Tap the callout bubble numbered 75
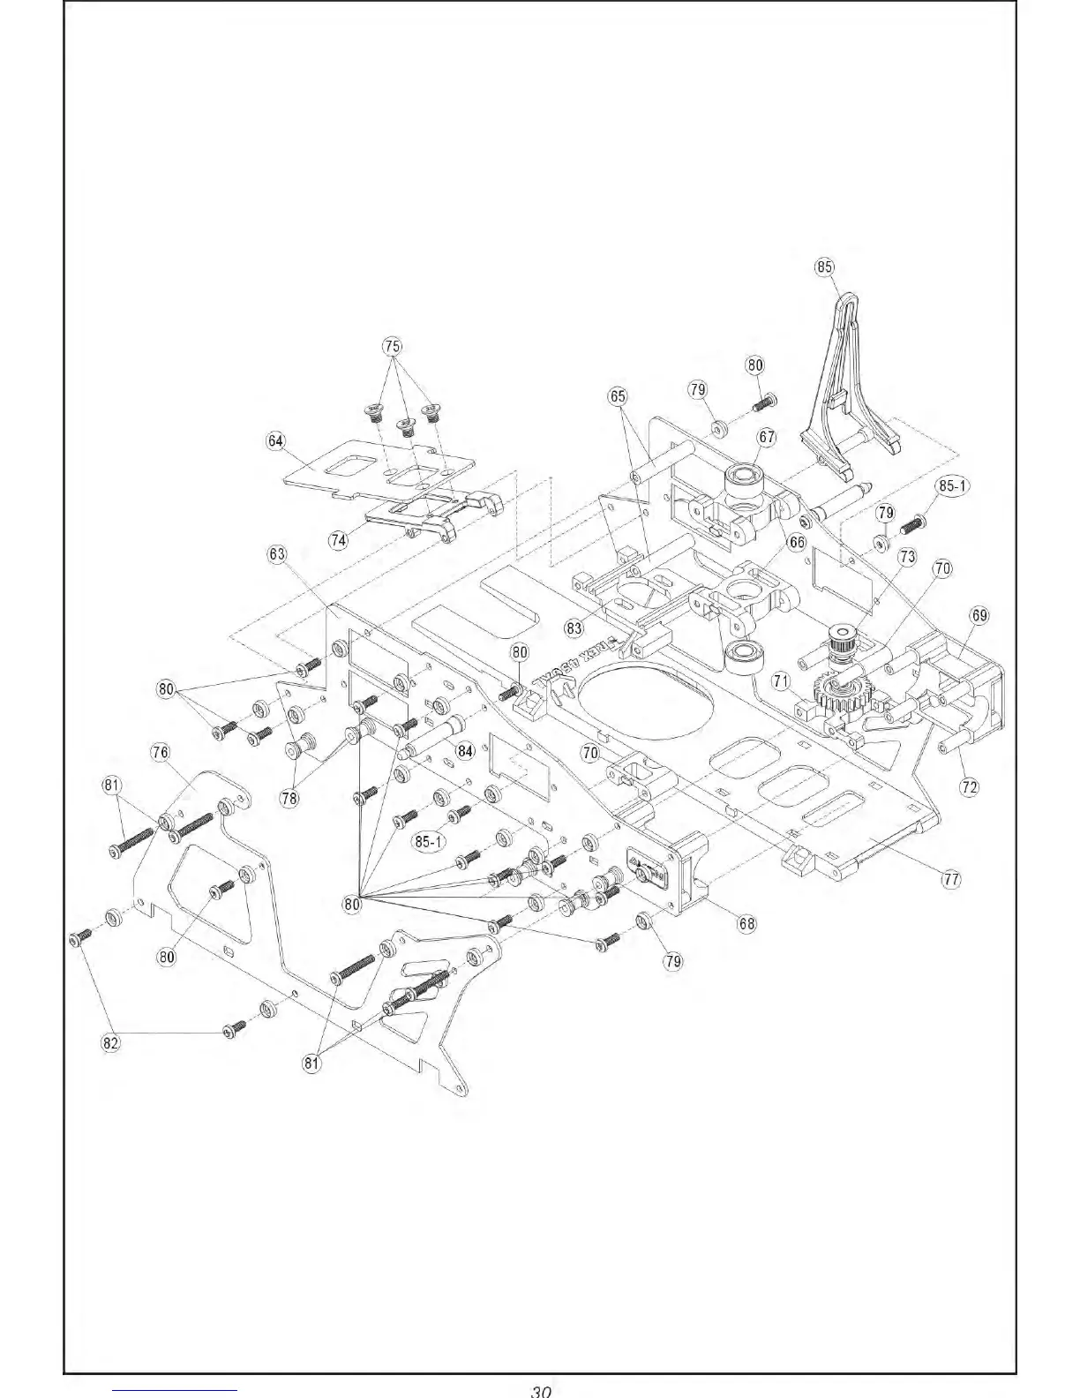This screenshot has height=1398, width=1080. (393, 345)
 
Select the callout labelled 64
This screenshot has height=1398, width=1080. (276, 441)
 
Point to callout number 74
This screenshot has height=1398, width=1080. (338, 541)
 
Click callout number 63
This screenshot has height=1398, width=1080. (277, 553)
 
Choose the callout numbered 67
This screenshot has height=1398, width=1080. (766, 437)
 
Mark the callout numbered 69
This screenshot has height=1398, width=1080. (979, 615)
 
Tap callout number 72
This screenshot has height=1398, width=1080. (969, 786)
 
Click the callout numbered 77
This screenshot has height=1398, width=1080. (951, 879)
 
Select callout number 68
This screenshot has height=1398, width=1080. (746, 924)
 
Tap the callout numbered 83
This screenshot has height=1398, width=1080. (575, 628)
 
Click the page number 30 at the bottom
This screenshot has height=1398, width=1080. (540, 1390)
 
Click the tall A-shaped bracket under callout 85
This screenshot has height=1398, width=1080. (846, 380)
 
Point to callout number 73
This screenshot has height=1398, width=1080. (907, 557)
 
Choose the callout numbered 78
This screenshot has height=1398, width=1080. (289, 798)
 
